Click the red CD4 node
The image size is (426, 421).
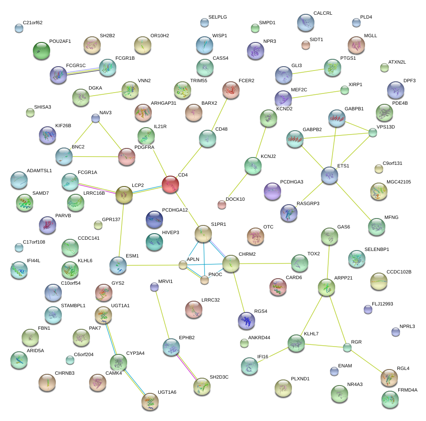tap(170, 185)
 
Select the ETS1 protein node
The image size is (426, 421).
tap(330, 175)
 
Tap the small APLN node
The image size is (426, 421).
tap(183, 265)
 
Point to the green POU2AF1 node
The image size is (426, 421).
tap(42, 51)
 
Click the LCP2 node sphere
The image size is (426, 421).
tap(125, 195)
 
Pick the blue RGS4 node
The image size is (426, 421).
tap(246, 320)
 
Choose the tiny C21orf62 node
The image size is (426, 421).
tap(19, 29)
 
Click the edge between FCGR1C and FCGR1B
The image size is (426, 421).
tap(83, 71)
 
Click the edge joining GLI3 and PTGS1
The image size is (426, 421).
tap(308, 71)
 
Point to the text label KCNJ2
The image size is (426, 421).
tap(269, 156)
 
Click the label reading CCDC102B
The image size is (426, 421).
tap(399, 272)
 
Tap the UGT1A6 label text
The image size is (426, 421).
tap(167, 392)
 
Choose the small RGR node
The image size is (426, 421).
tap(347, 347)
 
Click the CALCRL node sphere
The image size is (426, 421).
tap(306, 22)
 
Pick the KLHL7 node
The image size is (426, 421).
tap(296, 343)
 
